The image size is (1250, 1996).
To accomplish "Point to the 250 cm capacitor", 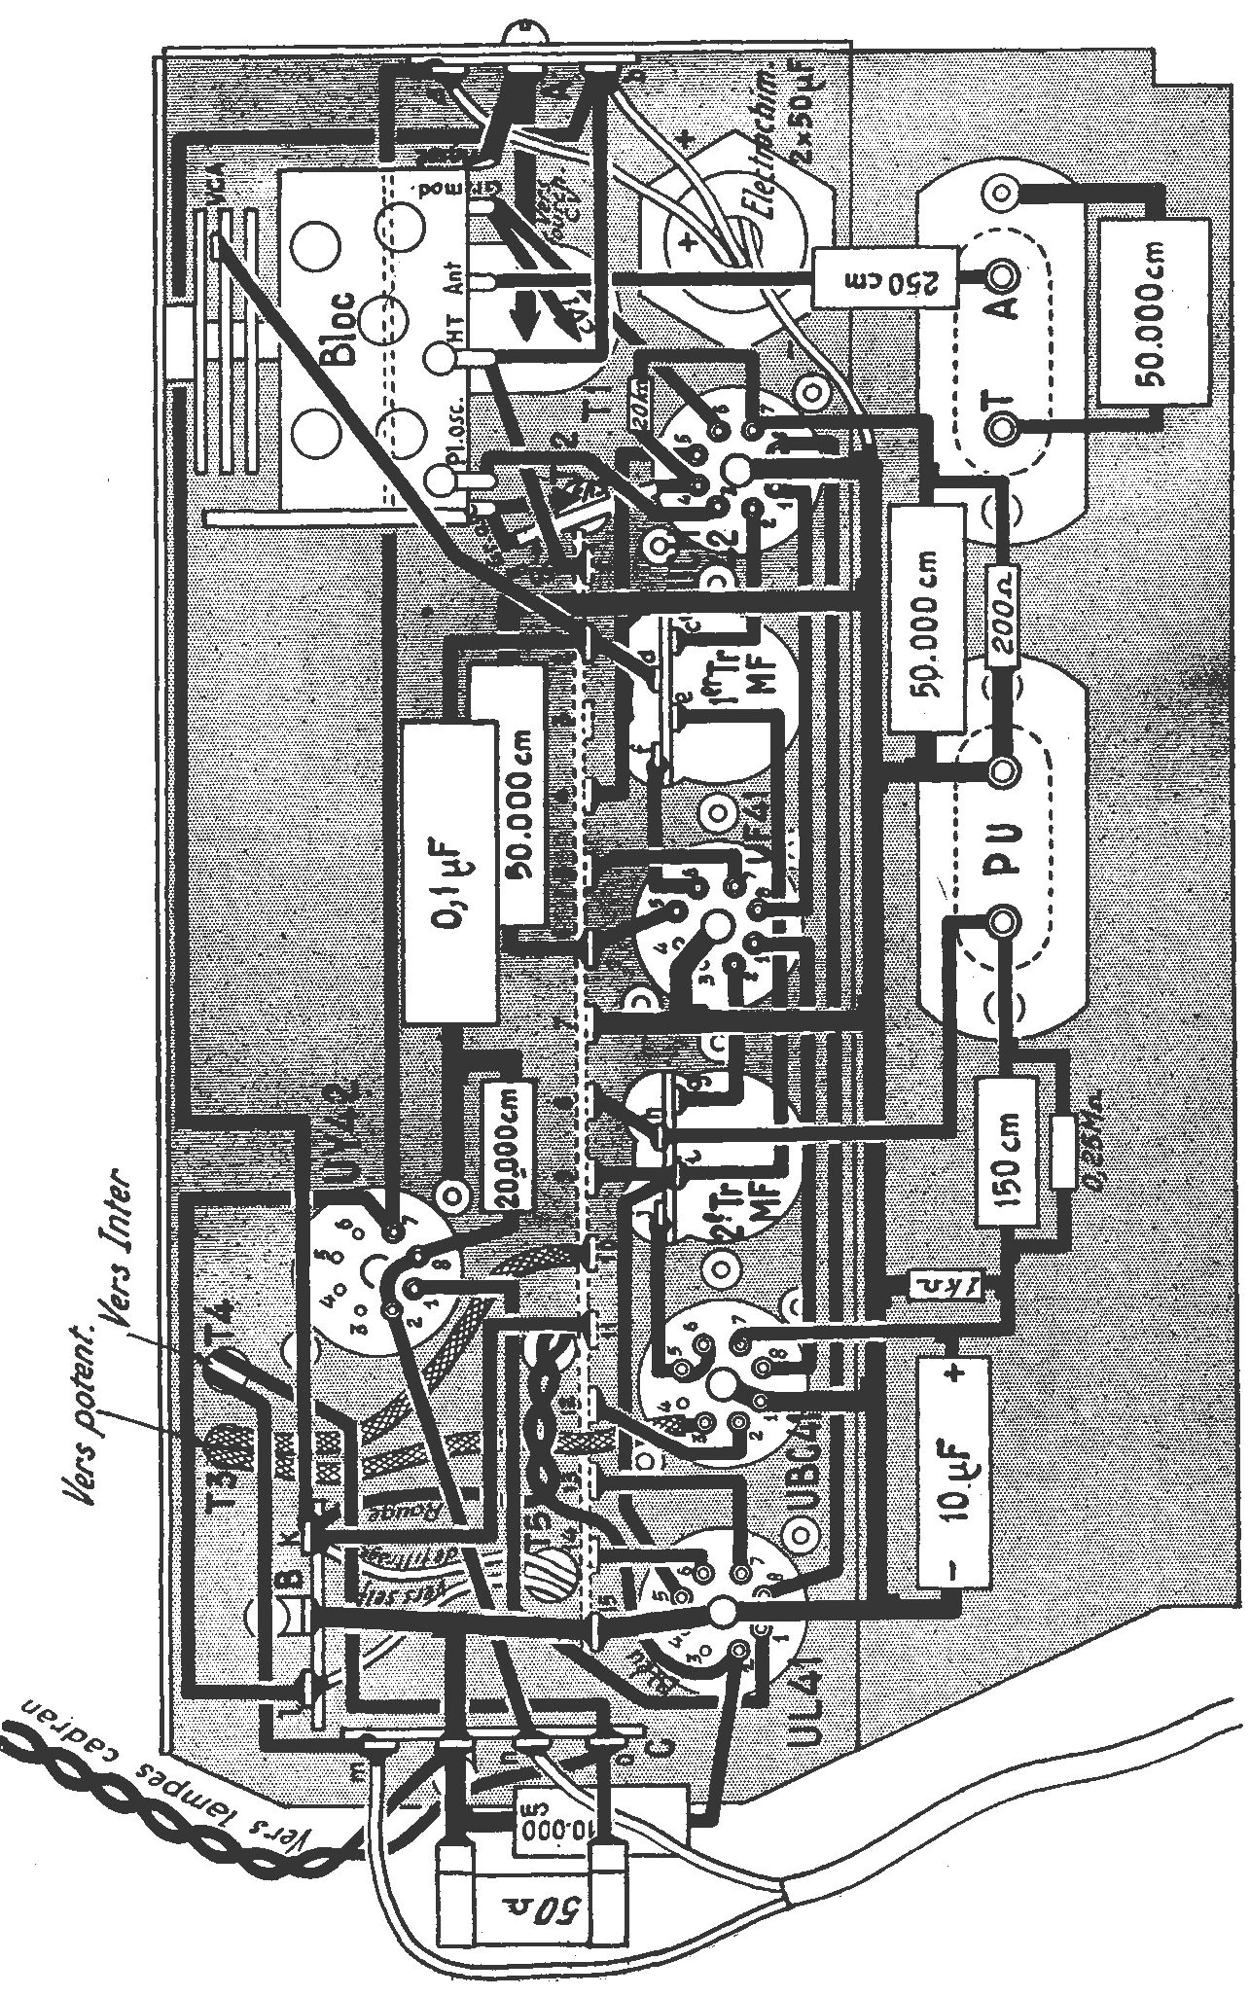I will click(x=887, y=278).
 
